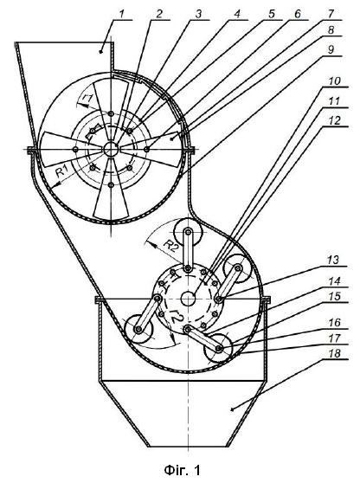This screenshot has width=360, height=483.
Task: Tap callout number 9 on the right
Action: click(331, 49)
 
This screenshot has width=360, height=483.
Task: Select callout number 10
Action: click(326, 81)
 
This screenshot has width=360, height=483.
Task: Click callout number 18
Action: click(333, 353)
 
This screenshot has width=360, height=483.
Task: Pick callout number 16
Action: click(333, 323)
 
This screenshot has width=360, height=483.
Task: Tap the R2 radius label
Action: click(170, 246)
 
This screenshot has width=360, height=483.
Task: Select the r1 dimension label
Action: click(87, 99)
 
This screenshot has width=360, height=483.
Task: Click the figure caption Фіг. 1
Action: click(182, 470)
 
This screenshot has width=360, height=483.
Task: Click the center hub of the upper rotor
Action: click(111, 150)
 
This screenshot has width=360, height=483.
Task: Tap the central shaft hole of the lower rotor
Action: click(188, 299)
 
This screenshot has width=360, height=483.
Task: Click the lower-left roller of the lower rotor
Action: click(138, 330)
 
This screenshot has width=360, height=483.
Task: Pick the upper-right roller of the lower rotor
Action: click(238, 268)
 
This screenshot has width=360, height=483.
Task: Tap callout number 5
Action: click(271, 14)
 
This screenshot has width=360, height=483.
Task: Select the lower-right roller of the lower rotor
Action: click(219, 348)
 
